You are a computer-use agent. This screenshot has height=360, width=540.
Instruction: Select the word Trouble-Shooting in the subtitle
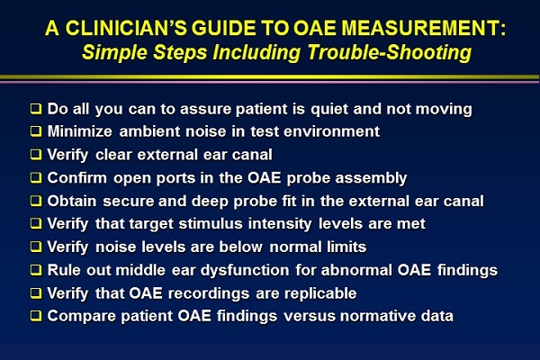coord(389,52)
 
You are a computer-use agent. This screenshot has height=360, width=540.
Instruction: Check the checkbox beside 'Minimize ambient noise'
coord(36,131)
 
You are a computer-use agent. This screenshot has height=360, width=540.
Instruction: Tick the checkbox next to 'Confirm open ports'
coord(36,178)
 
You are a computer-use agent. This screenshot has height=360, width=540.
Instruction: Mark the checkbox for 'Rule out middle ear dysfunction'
coord(36,270)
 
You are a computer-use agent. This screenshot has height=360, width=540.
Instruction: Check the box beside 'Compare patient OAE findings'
coord(36,316)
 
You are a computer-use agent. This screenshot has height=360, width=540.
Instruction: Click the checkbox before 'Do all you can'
coord(36,109)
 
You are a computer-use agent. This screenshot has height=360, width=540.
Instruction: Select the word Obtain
coord(72,201)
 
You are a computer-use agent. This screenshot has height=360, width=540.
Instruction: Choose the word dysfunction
coord(245,270)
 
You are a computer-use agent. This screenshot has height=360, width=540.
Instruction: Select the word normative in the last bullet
coord(378,316)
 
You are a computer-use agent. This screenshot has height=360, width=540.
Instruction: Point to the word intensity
coord(280,224)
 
